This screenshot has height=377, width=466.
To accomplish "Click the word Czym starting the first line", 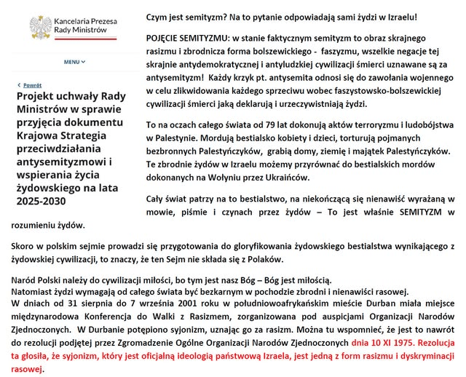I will (x=157, y=17).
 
